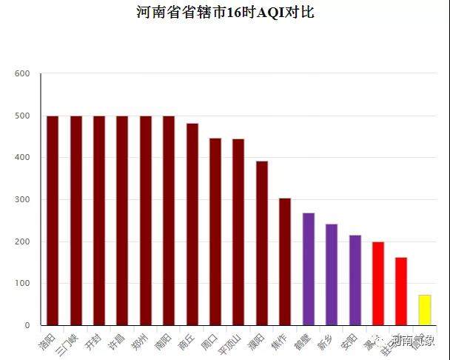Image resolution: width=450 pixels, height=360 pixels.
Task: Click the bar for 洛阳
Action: [x=53, y=221]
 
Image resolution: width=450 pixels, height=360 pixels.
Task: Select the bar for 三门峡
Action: [x=75, y=221]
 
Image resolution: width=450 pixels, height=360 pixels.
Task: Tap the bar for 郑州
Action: [x=145, y=221]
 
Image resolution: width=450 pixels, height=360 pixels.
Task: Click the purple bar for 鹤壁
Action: [x=308, y=269]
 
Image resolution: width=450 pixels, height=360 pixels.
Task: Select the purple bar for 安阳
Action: [x=355, y=280]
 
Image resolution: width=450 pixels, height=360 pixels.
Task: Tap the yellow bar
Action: [x=424, y=310]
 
